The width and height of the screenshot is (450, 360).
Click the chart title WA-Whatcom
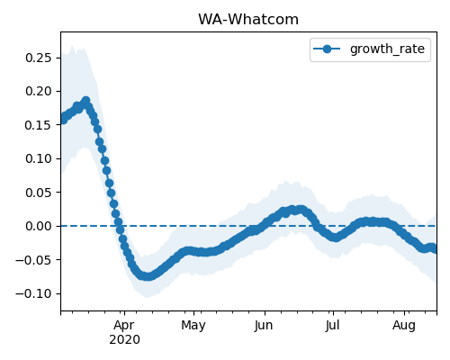[x=248, y=20]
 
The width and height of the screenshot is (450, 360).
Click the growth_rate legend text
[x=387, y=49]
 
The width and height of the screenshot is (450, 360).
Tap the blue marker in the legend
[x=327, y=49]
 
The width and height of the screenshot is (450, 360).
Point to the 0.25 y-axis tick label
[x=39, y=58]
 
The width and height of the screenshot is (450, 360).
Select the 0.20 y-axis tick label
[x=39, y=91]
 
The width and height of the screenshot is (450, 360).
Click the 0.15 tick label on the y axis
[x=39, y=125]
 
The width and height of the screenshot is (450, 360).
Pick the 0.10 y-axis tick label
[x=39, y=158]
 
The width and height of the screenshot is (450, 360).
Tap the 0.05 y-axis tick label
[x=39, y=193]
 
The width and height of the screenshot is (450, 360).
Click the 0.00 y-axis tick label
[x=39, y=226]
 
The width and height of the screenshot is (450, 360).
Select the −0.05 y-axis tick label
[x=34, y=259]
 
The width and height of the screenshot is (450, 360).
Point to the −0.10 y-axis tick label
[x=34, y=293]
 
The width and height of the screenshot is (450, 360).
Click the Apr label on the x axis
[x=124, y=326]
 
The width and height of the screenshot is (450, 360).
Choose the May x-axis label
[x=193, y=326]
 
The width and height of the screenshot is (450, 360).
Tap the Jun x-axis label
[x=264, y=326]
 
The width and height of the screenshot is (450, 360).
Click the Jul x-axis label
[x=333, y=325]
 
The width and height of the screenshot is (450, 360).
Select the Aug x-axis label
[x=404, y=326]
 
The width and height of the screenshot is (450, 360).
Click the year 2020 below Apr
[x=124, y=339]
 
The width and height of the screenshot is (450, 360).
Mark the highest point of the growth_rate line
[x=86, y=100]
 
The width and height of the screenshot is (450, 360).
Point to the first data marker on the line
[x=63, y=120]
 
